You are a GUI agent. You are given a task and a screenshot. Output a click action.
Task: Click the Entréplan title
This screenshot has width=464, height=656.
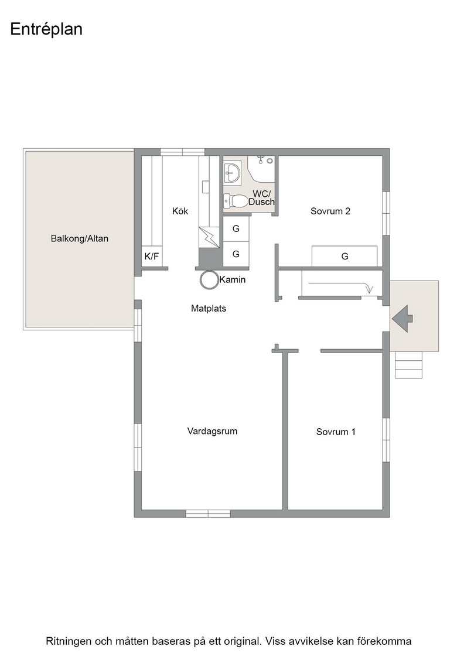coord(46,29)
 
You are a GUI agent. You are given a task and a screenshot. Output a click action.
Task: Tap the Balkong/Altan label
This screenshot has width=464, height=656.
coord(80,238)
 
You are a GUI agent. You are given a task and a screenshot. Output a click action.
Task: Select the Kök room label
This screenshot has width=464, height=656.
coord(180,211)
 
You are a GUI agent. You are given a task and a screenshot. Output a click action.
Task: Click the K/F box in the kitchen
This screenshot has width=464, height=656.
coord(152,257)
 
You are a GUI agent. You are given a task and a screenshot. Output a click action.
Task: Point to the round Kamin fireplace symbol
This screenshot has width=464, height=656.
coord(209,280)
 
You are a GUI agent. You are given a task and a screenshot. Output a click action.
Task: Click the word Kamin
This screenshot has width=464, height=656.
coord(233,279)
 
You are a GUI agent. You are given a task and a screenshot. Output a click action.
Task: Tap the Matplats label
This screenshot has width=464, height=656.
coord(209,308)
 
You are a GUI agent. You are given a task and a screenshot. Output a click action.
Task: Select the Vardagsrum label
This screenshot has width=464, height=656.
coord(212,431)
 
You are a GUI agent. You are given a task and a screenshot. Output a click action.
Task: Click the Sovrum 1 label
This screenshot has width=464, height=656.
coord(336,432)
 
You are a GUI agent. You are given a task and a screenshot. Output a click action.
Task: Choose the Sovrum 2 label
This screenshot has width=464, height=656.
coord(330,211)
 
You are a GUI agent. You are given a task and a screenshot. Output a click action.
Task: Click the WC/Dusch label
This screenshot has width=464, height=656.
coord(261,197)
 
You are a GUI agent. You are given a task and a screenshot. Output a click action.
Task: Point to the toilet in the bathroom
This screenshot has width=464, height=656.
coord(235,201)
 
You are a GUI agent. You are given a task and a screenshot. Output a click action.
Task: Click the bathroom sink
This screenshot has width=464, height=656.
coord(232,172)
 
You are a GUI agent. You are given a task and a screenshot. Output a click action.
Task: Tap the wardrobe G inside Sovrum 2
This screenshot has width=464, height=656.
coord(344,256)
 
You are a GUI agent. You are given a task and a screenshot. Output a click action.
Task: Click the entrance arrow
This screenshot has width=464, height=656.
coord(402,319)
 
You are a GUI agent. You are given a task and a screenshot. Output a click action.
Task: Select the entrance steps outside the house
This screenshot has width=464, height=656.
coord(409,365)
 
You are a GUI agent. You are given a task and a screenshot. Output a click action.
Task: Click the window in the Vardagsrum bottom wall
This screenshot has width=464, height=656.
coord(208,513)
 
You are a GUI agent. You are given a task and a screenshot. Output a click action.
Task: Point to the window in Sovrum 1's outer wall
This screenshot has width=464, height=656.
coord(386,440)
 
